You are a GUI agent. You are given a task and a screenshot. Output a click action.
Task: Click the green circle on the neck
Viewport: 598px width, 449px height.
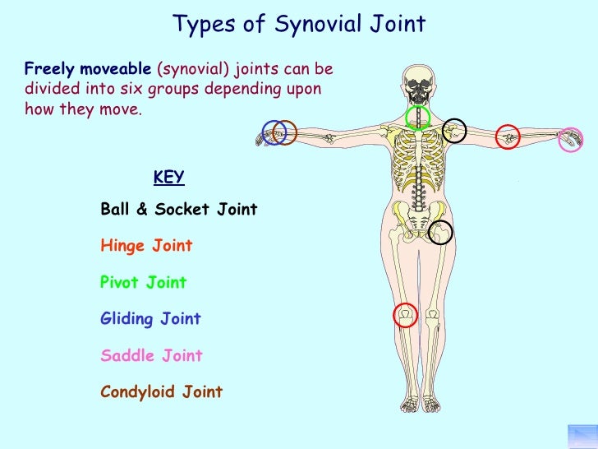click(x=418, y=118)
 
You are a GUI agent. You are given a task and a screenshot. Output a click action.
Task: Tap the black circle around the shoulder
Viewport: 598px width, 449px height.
click(x=454, y=130)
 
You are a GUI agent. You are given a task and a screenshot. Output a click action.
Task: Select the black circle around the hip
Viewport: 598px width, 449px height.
click(x=441, y=233)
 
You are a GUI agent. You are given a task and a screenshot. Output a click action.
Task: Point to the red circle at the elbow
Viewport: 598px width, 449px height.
click(x=508, y=135)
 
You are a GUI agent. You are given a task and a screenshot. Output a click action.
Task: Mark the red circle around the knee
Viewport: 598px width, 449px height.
click(x=405, y=315)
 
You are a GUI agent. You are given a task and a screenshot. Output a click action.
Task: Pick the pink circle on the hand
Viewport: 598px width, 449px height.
click(x=570, y=139)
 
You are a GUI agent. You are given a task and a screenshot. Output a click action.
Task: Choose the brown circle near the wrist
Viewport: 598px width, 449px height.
click(x=284, y=132)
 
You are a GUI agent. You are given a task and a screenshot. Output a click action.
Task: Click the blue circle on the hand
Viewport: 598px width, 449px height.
click(x=272, y=132)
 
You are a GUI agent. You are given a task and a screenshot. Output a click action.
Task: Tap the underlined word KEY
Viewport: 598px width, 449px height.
click(x=168, y=178)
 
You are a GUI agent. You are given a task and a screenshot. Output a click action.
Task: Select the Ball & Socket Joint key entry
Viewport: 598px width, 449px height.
click(x=178, y=210)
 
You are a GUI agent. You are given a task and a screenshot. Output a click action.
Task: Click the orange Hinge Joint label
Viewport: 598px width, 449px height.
click(x=146, y=246)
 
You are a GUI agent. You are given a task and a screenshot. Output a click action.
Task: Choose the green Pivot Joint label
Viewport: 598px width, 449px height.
click(x=143, y=283)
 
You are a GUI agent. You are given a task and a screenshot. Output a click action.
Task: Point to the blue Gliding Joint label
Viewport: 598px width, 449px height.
click(x=150, y=319)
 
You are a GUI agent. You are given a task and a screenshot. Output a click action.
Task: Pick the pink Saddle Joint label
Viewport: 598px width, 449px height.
click(x=151, y=356)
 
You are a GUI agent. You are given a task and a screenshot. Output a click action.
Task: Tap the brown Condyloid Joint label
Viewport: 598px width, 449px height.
click(x=161, y=392)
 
